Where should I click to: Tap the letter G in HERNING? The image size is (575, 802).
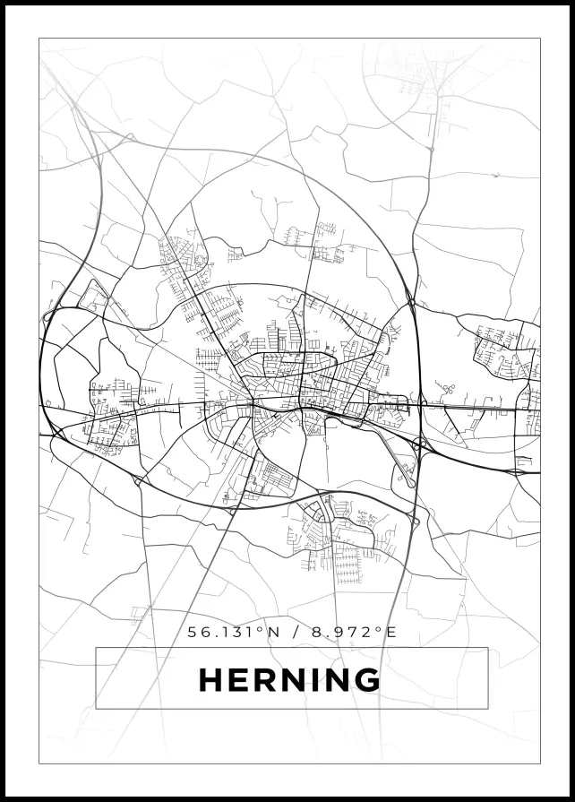pyautogui.click(x=365, y=680)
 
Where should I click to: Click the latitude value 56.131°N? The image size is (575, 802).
pyautogui.click(x=234, y=632)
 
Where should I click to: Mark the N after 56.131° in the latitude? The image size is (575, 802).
pyautogui.click(x=275, y=632)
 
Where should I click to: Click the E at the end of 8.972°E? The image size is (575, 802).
pyautogui.click(x=390, y=632)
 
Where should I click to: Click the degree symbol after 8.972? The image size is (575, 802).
pyautogui.click(x=380, y=629)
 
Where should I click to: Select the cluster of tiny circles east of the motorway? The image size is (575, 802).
pyautogui.click(x=446, y=389)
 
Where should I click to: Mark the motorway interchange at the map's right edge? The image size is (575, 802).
pyautogui.click(x=518, y=470)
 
